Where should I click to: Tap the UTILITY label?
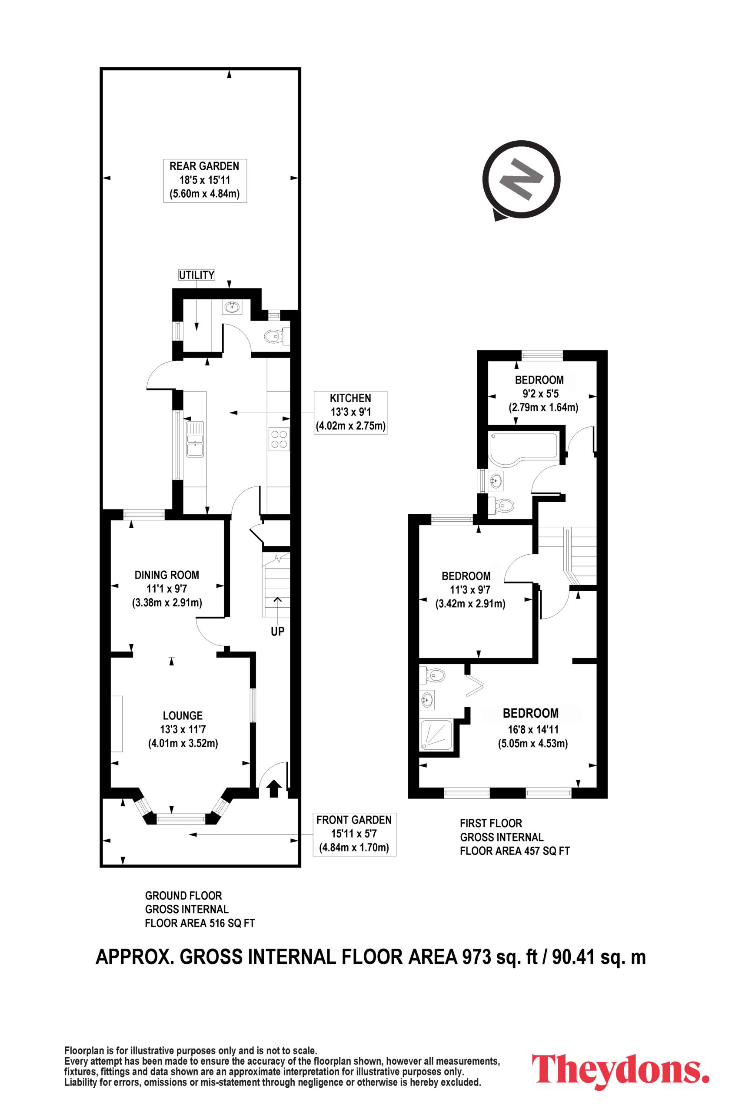pos(196,275)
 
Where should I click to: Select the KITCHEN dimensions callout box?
pos(351,412)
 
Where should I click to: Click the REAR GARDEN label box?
pos(205,180)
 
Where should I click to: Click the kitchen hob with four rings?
pos(279,439)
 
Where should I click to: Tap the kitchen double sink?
pos(195,439)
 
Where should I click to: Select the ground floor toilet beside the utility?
pos(277,336)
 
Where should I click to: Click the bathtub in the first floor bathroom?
pos(523,447)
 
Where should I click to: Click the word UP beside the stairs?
pos(277,631)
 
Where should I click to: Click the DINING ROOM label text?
pos(166,575)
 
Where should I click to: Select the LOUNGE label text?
pos(183,716)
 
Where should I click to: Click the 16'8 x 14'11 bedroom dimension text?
pos(533,729)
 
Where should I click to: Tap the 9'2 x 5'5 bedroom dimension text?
pos(540,394)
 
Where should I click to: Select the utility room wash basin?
pos(232,307)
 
